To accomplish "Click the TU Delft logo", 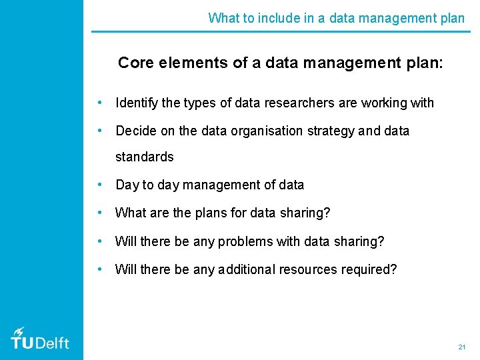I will coord(40,339).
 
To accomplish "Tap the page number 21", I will coord(461,347).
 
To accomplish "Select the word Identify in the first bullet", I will coord(137,103).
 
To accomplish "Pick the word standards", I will coord(144,157).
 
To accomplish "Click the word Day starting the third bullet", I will coord(127,185).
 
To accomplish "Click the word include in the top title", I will coord(266,18).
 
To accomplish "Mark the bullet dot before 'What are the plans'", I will coord(99,213).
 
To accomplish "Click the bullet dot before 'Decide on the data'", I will coord(99,131).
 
